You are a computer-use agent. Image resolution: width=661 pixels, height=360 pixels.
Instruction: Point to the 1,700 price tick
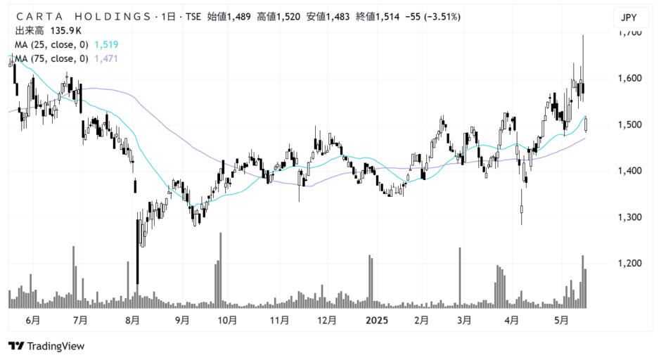point(629,32)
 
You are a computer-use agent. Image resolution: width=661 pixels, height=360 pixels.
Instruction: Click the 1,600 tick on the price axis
point(629,78)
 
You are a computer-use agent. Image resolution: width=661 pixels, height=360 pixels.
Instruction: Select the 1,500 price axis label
point(629,124)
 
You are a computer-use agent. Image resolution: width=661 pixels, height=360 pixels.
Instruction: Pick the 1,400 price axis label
point(629,171)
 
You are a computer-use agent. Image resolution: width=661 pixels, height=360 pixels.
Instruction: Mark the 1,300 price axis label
point(629,217)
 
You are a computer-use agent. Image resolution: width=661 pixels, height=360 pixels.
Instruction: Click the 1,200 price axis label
point(629,263)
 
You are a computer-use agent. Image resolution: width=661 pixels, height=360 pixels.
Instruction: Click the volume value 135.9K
point(67,31)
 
